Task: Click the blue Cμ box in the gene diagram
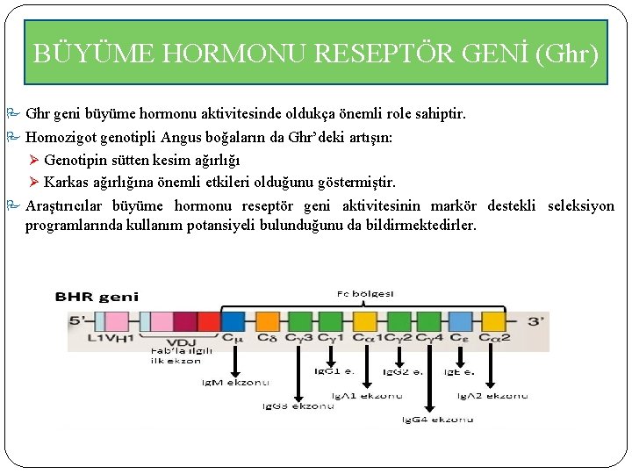233,321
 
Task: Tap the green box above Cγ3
299,321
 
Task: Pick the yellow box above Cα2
493,321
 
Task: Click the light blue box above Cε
460,321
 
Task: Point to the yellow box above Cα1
363,321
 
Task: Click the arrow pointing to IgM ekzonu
234,360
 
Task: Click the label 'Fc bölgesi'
365,293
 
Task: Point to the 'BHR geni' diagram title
97,298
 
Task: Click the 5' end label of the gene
77,321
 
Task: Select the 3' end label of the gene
535,321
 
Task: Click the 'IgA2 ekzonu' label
494,396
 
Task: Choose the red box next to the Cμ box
209,321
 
